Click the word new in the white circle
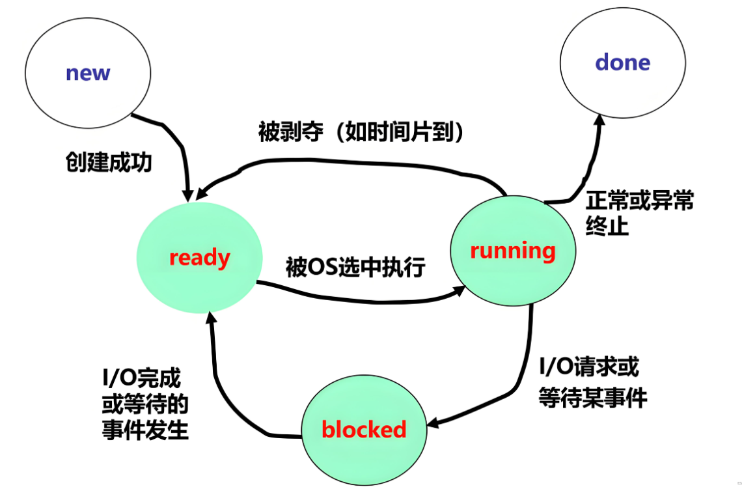pyautogui.click(x=88, y=72)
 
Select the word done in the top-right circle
pyautogui.click(x=623, y=63)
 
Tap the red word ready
pyautogui.click(x=199, y=258)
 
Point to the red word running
pyautogui.click(x=512, y=251)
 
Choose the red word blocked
pyautogui.click(x=364, y=429)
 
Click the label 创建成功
pyautogui.click(x=108, y=162)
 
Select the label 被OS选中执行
pyautogui.click(x=355, y=267)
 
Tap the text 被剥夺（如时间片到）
pyautogui.click(x=362, y=132)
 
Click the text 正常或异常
pyautogui.click(x=639, y=200)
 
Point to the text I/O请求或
pyautogui.click(x=589, y=367)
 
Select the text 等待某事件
pyautogui.click(x=593, y=397)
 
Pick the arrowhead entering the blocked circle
pyautogui.click(x=434, y=424)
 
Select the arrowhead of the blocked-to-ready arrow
pyautogui.click(x=210, y=317)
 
